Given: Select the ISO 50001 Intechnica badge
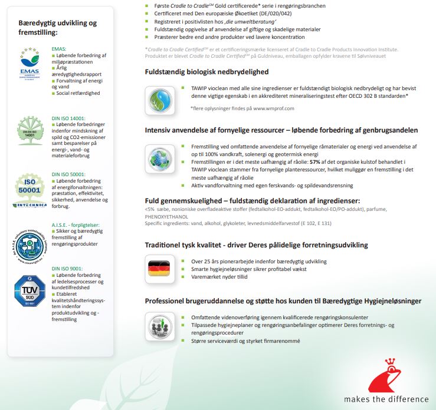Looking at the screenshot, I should click(x=29, y=190).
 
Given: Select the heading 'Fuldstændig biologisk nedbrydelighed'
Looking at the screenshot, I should click(x=206, y=72).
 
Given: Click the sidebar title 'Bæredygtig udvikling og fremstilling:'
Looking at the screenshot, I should click(x=58, y=27).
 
